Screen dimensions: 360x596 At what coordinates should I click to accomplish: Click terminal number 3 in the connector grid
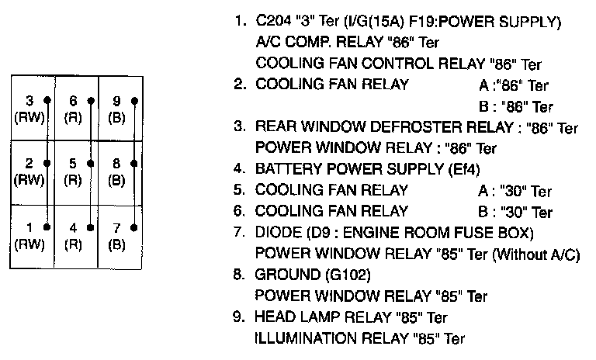(29, 100)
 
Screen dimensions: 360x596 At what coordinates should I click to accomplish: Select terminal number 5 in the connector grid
(73, 164)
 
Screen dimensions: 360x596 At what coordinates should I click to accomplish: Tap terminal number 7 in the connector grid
(116, 227)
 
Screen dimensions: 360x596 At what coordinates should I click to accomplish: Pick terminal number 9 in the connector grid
(116, 100)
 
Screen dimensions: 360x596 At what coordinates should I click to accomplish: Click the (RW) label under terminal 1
(29, 243)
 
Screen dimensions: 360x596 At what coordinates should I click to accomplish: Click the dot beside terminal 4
(91, 227)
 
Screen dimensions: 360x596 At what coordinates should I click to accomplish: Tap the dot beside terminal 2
(47, 164)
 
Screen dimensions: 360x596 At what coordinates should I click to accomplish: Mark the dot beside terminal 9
(134, 100)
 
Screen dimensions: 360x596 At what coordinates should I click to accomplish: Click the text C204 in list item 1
(272, 22)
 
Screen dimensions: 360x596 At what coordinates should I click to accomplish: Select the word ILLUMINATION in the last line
(297, 338)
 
